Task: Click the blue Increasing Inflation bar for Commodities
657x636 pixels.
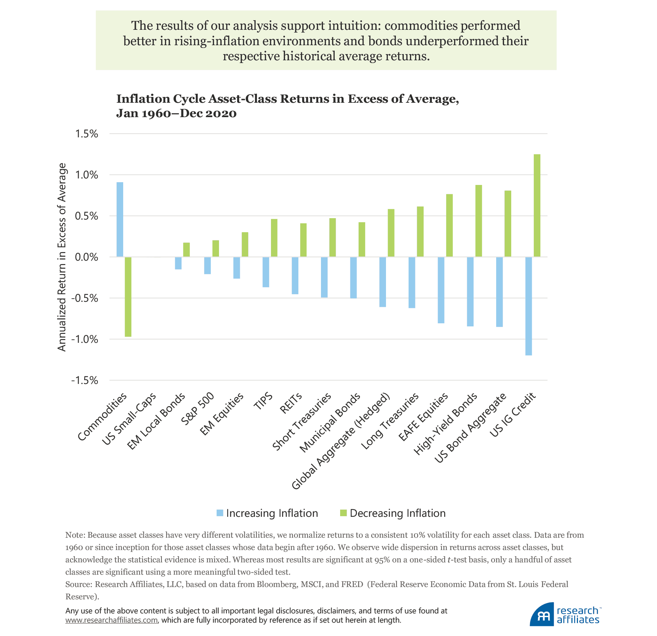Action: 120,220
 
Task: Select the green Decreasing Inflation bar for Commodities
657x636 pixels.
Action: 128,297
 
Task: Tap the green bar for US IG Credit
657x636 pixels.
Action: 537,205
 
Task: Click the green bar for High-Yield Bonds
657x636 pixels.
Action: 478,221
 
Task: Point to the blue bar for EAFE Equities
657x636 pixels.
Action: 441,290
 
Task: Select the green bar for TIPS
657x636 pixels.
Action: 274,238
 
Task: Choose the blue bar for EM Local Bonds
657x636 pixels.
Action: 178,263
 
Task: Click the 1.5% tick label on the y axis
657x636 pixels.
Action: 86,134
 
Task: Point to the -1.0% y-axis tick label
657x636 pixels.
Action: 85,339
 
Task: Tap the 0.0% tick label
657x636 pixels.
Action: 86,257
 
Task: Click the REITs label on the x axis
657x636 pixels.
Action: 291,403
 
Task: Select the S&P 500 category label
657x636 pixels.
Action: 197,409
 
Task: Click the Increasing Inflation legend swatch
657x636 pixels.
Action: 220,513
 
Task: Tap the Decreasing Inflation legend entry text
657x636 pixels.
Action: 398,513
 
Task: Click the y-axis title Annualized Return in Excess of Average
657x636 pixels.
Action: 62,257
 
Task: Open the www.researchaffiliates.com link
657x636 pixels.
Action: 112,620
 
